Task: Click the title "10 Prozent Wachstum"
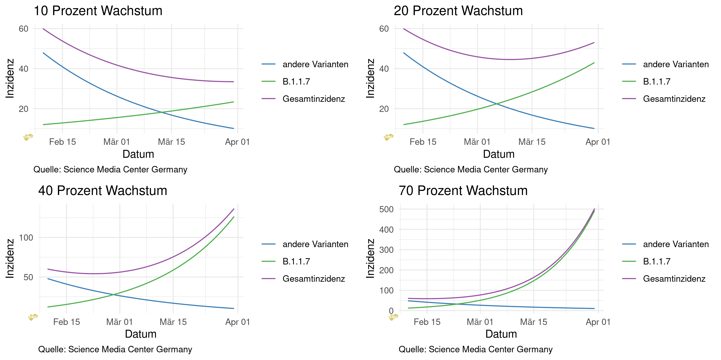pyautogui.click(x=98, y=11)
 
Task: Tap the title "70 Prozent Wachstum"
pyautogui.click(x=463, y=191)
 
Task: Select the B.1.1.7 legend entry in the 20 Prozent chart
pyautogui.click(x=657, y=81)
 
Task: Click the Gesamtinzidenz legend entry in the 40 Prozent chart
pyautogui.click(x=313, y=279)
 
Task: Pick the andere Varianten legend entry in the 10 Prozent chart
pyautogui.click(x=315, y=64)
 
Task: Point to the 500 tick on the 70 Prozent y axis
pyautogui.click(x=386, y=209)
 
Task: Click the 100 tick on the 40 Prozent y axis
pyautogui.click(x=26, y=238)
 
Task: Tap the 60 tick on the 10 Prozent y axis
pyautogui.click(x=24, y=29)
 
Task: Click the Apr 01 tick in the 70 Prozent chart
pyautogui.click(x=598, y=322)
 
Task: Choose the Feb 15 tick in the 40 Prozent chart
pyautogui.click(x=67, y=322)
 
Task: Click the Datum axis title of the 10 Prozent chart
pyautogui.click(x=138, y=154)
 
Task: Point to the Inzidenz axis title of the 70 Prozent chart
pyautogui.click(x=370, y=258)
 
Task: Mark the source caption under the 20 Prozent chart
pyautogui.click(x=471, y=170)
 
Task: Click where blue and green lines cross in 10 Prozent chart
pyautogui.click(x=162, y=112)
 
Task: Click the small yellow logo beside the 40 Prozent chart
pyautogui.click(x=33, y=317)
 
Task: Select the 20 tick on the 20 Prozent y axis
pyautogui.click(x=384, y=109)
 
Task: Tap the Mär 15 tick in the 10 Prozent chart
pyautogui.click(x=171, y=142)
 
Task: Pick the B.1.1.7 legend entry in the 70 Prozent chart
pyautogui.click(x=657, y=261)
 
